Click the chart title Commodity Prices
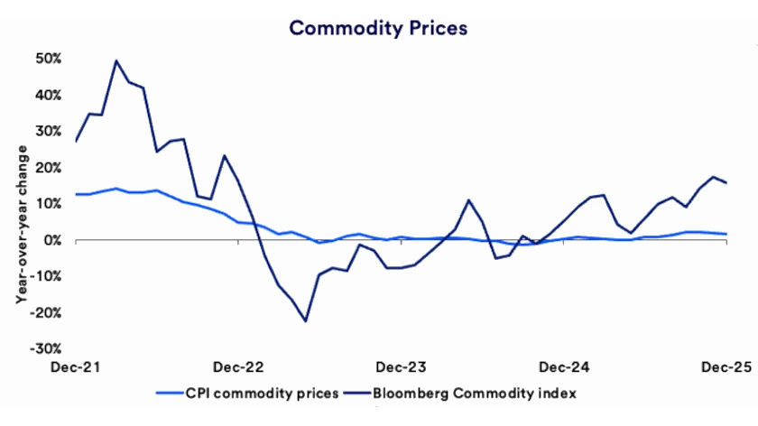coord(378,28)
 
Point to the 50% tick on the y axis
coord(49,59)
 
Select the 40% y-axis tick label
coord(49,95)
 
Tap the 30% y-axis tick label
coord(49,131)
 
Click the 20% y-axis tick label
coord(49,168)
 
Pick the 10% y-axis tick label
coord(49,204)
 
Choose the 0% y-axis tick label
coord(52,240)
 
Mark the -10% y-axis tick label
coord(47,276)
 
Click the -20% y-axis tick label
coord(47,312)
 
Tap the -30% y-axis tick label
coord(47,348)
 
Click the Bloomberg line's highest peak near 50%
coord(116,60)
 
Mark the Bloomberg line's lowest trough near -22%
coord(306,321)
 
